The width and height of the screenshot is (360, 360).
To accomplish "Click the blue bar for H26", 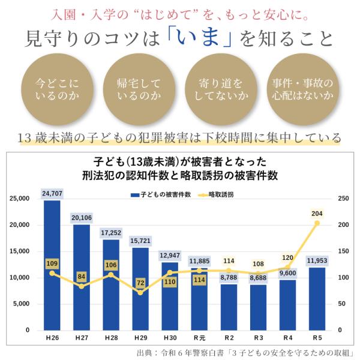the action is [x=52, y=265].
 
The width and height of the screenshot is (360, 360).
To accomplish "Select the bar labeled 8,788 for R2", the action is [x=229, y=307].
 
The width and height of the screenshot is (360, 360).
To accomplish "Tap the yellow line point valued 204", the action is [x=317, y=223].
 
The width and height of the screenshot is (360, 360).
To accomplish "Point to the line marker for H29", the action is [x=140, y=293].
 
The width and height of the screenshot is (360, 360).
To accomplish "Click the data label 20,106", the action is [x=82, y=218].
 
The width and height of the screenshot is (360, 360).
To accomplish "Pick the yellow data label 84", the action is [x=82, y=277].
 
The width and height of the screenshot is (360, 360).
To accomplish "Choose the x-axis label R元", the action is [x=200, y=338].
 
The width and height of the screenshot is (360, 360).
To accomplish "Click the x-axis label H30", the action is [x=170, y=338].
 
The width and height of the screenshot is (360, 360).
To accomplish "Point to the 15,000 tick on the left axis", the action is [x=19, y=251].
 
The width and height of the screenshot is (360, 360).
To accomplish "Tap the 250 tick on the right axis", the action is [x=343, y=199].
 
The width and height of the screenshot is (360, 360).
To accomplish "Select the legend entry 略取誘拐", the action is [x=216, y=194].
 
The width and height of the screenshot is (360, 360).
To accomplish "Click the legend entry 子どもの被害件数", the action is [x=161, y=194].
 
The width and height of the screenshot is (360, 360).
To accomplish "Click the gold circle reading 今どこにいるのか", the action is [x=57, y=89].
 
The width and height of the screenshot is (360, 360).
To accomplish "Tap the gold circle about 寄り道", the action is [x=221, y=89].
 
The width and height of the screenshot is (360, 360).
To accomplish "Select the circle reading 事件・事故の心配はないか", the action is [x=302, y=89].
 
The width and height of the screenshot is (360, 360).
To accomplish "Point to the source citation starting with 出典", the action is [x=245, y=353].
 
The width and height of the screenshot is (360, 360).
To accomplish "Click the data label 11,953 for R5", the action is [x=317, y=261].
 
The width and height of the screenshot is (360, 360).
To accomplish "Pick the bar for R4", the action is [x=287, y=305].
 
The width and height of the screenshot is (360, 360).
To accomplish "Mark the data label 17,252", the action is [x=111, y=233].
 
